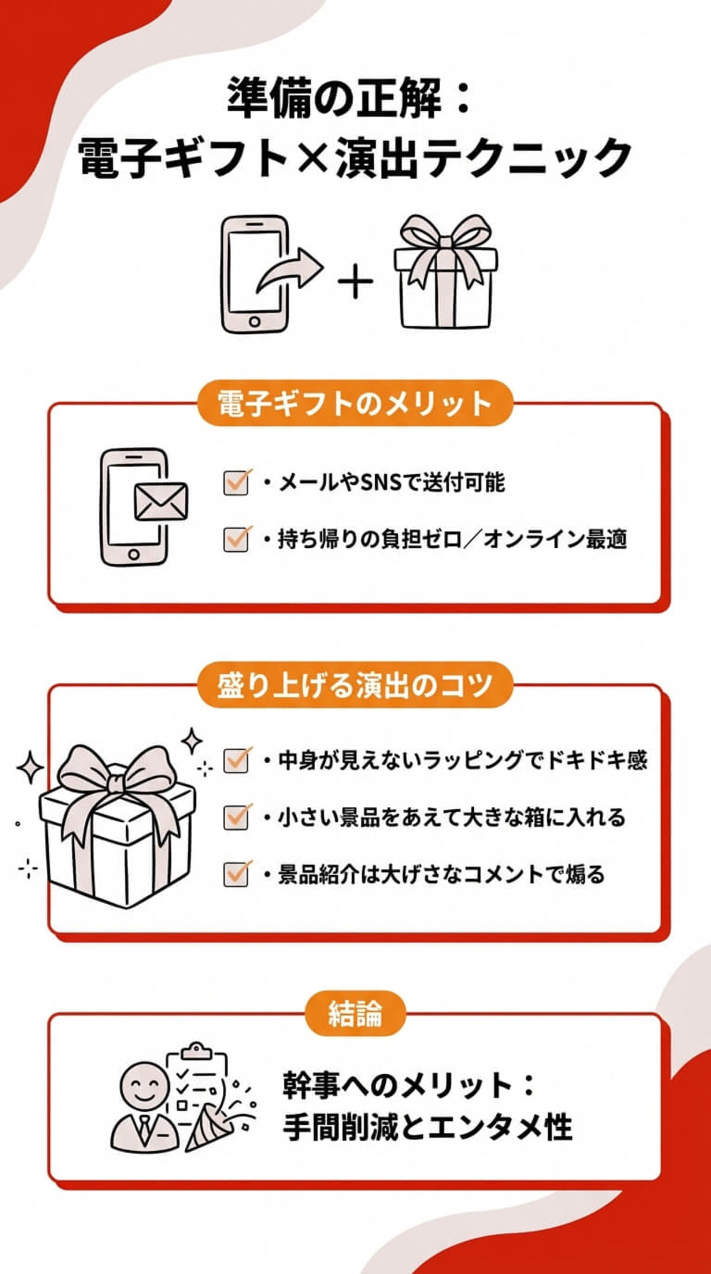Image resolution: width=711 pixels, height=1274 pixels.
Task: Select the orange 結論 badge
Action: (x=355, y=1014)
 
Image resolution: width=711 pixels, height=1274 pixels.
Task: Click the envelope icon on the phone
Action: (x=161, y=501)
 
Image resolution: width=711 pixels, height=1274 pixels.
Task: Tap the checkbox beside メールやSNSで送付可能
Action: (x=236, y=483)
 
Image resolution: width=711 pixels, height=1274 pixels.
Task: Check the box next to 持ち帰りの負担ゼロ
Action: (x=236, y=539)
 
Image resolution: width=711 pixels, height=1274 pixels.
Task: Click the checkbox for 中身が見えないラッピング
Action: (x=236, y=760)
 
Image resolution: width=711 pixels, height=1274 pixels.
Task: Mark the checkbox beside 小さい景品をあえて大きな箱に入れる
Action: (x=236, y=817)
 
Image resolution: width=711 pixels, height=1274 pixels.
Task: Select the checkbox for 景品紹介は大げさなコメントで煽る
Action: (x=236, y=874)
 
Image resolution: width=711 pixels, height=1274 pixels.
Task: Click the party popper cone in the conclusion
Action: (x=204, y=1129)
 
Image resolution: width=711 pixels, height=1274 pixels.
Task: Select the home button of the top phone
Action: (x=254, y=322)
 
